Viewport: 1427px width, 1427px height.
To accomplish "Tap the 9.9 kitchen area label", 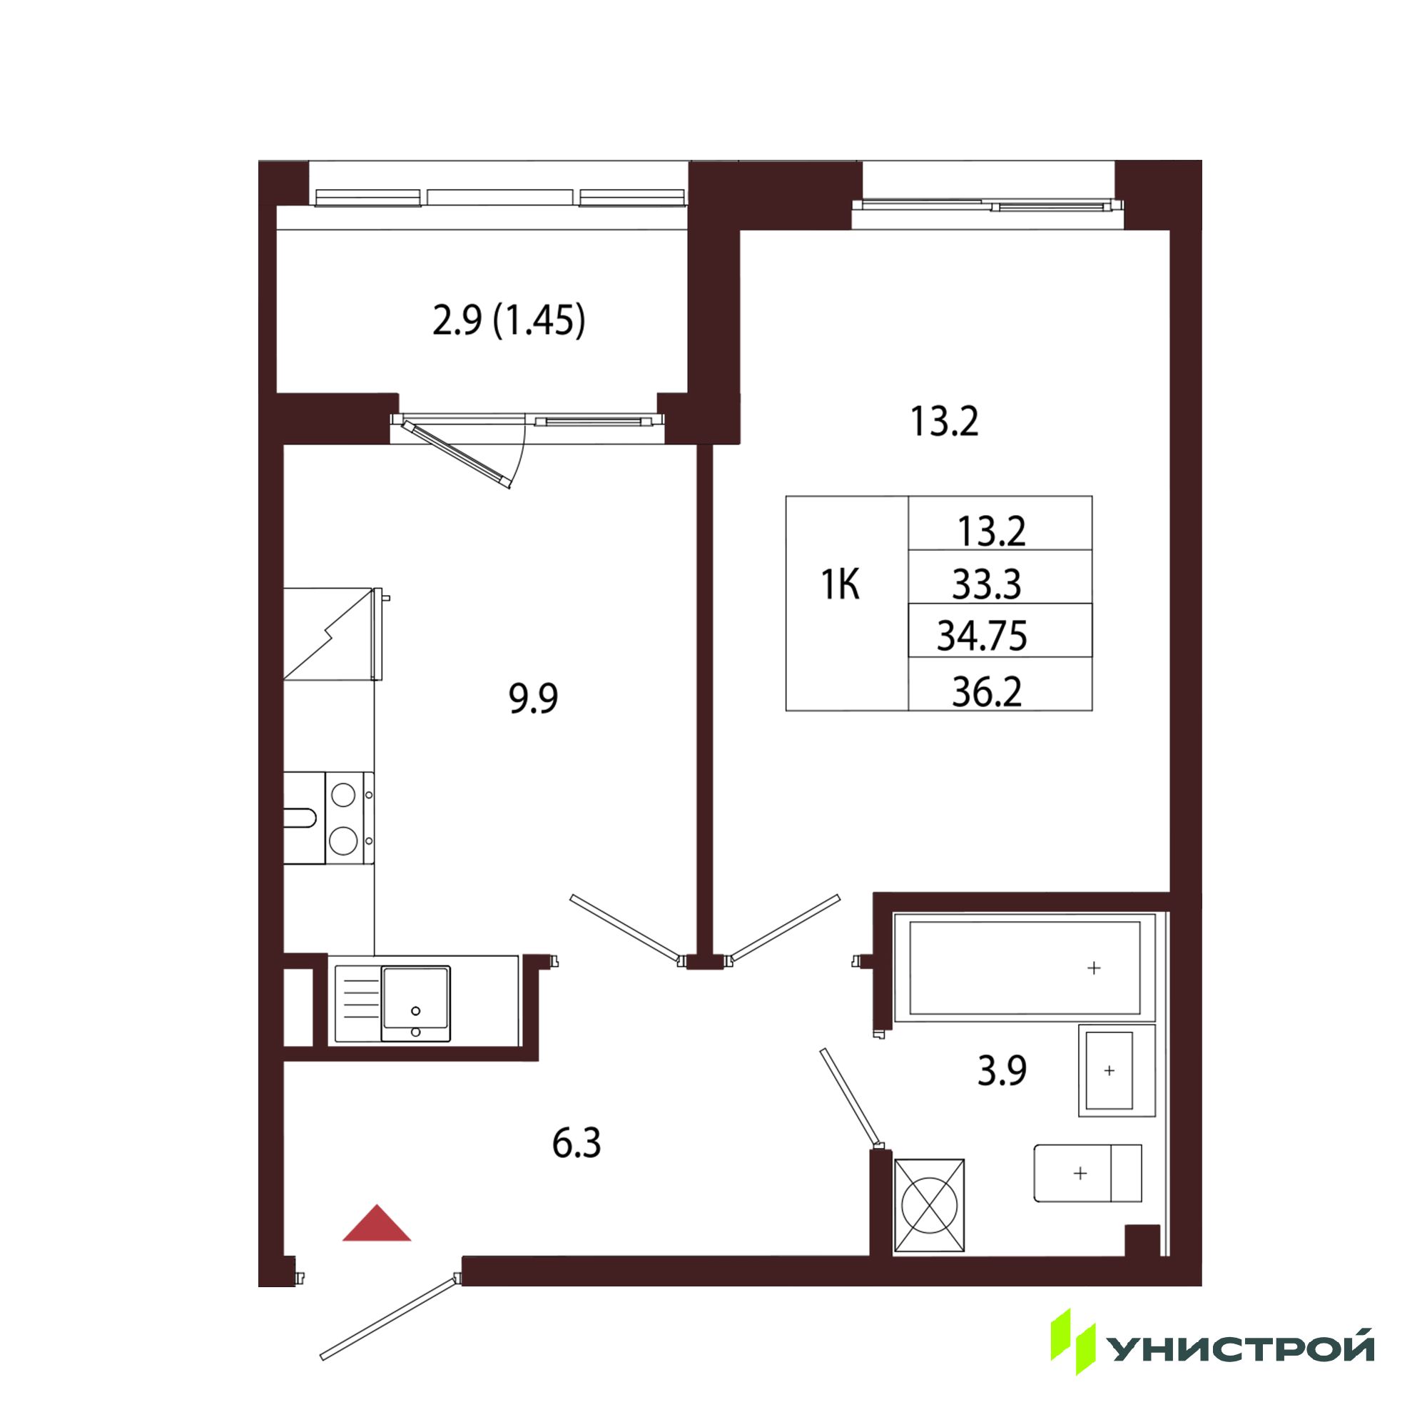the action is click(533, 699).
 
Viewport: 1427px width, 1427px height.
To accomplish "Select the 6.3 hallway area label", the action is click(576, 1143).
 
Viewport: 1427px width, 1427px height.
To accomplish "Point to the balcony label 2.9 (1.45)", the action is click(509, 321).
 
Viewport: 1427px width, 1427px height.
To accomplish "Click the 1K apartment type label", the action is click(841, 585).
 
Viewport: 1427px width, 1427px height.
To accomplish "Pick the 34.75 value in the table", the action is click(982, 636).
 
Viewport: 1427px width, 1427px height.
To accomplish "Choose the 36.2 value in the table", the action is click(987, 692).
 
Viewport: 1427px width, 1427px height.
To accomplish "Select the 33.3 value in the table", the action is click(987, 585).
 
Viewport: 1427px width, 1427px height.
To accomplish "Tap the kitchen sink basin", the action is click(415, 1004).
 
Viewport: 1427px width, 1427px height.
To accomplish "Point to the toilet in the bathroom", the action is click(1087, 1173).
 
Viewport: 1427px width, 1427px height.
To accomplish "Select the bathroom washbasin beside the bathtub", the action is click(1116, 1070).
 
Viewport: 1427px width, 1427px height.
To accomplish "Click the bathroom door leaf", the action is click(851, 1097).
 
